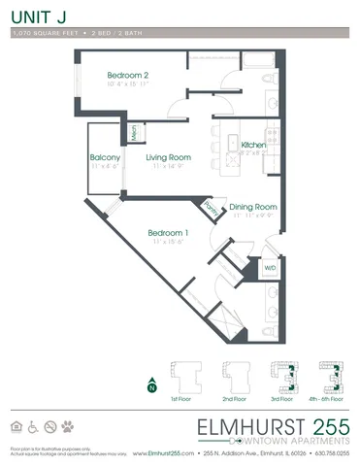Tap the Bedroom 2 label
[x=127, y=76]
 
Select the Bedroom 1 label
[x=167, y=233]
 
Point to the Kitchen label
[x=254, y=145]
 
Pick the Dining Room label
[x=253, y=207]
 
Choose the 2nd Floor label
[x=236, y=399]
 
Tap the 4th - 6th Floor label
[x=330, y=399]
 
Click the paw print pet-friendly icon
[x=67, y=426]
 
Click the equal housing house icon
[x=16, y=426]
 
